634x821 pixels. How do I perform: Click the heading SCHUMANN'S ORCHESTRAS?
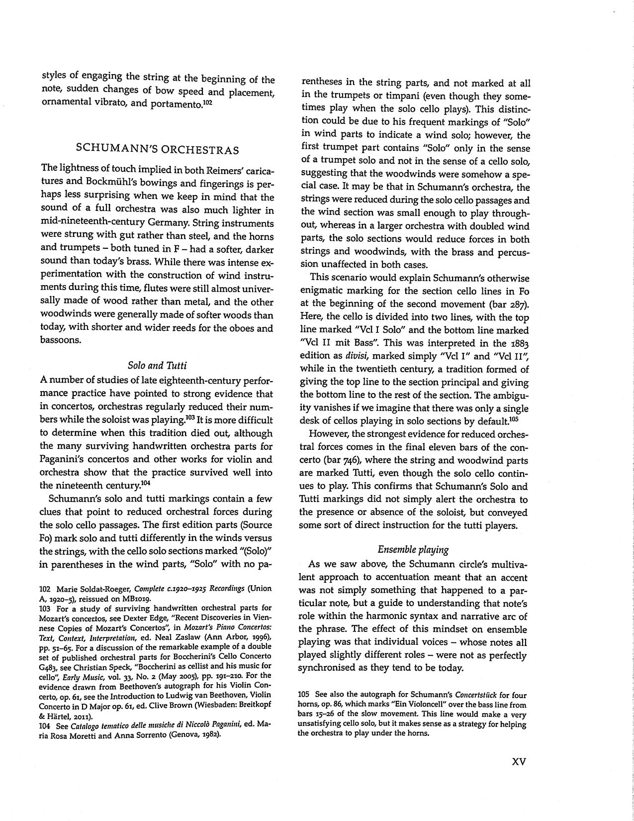157,150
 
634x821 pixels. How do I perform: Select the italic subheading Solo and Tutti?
157,366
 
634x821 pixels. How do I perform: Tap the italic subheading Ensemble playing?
413,549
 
